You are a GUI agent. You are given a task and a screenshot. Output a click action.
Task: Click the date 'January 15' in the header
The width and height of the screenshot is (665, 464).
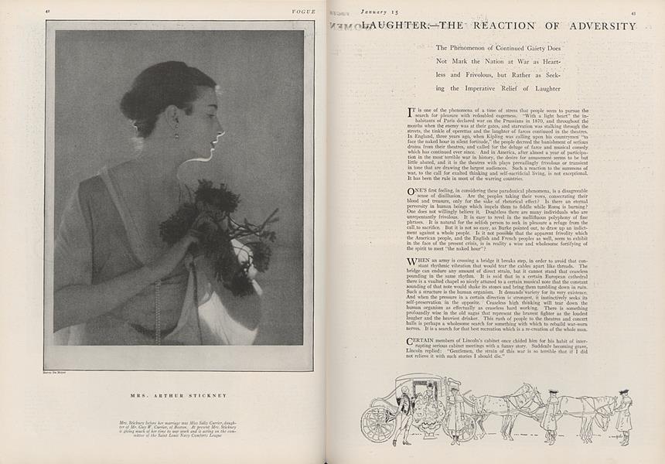coord(375,11)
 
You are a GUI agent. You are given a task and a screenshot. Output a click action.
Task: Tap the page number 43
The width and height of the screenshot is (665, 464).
coord(633,12)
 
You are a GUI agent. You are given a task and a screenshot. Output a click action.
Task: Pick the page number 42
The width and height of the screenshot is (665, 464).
coord(48,12)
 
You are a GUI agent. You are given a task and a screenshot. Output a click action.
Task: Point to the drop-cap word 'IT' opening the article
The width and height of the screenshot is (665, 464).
coord(411,111)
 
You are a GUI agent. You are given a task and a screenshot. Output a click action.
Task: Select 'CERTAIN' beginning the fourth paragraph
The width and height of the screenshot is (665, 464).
coord(422,341)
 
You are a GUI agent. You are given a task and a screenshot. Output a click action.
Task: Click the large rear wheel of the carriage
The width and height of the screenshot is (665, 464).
coord(380,423)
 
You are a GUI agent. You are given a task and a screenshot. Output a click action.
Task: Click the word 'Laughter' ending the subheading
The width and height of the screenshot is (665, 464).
coord(539,89)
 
